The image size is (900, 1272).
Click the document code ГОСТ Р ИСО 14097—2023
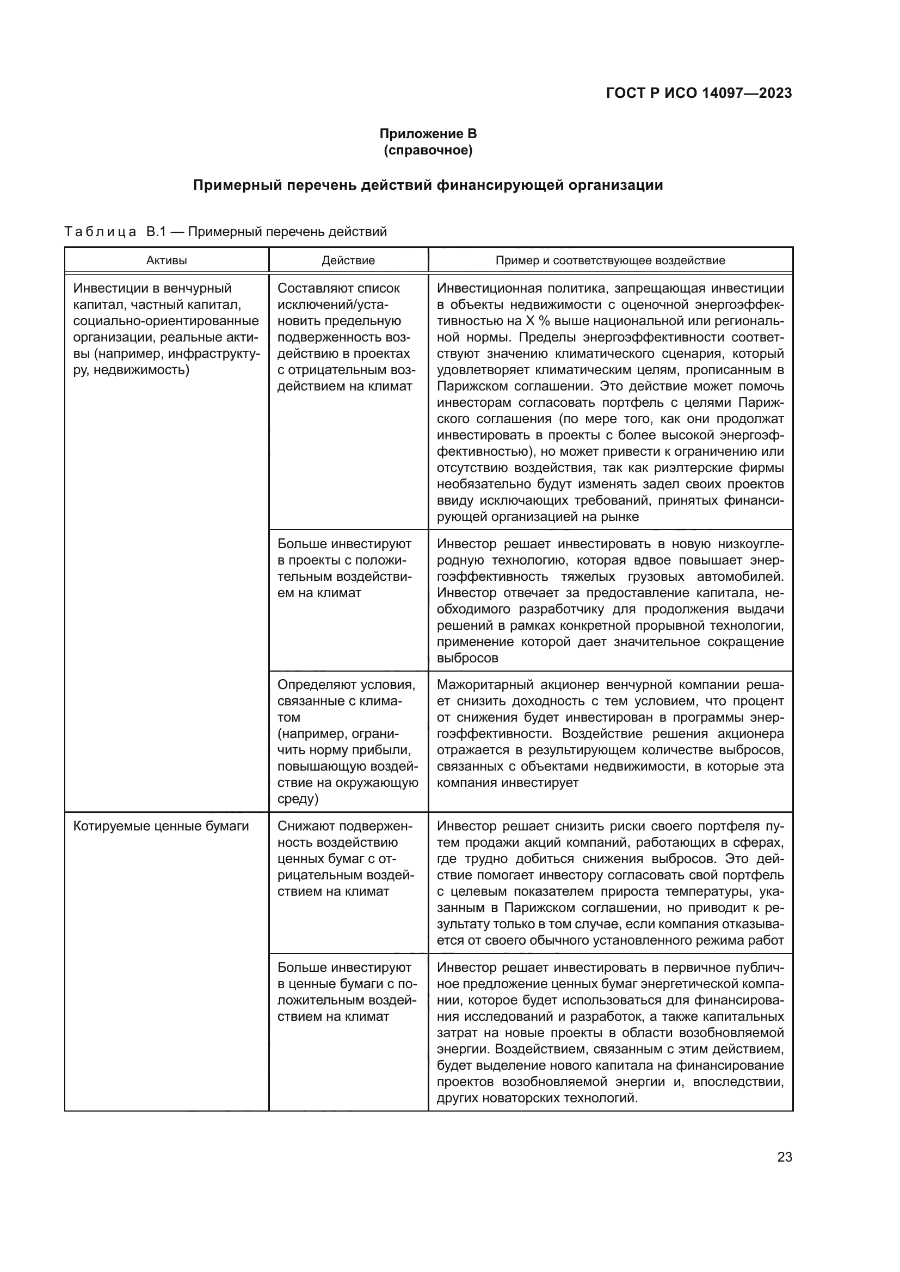coord(699,93)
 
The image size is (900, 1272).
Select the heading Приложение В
coord(428,134)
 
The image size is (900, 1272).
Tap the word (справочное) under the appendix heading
coord(428,151)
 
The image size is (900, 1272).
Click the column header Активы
coord(167,260)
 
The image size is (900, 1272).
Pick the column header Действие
coord(348,260)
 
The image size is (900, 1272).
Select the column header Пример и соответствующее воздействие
coord(610,260)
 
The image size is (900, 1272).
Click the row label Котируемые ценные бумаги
coord(161,826)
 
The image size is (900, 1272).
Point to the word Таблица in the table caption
coord(100,232)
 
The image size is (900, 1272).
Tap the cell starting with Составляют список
coord(347,337)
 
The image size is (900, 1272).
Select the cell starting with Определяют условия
coord(348,741)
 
